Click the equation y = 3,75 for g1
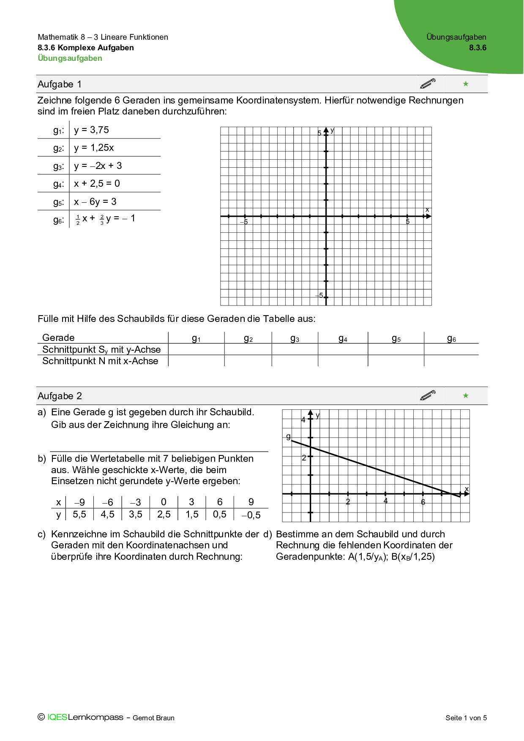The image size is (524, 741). tap(91, 130)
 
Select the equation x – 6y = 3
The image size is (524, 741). tap(95, 202)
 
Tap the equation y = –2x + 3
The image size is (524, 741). tap(98, 166)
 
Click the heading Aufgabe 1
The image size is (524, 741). tap(60, 84)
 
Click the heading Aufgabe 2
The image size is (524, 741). tap(60, 396)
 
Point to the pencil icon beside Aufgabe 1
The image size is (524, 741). tap(428, 84)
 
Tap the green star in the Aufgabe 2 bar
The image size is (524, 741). tap(466, 396)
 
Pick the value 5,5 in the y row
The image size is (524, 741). tap(79, 515)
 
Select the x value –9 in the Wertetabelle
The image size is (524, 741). tap(79, 502)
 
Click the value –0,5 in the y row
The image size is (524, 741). tap(251, 515)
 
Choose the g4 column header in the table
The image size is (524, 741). tap(343, 338)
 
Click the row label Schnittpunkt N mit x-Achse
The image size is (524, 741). tap(100, 361)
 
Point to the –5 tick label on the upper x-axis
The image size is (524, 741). tap(244, 222)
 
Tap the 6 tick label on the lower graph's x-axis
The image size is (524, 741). tap(423, 502)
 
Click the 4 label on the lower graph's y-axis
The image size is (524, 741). tap(303, 420)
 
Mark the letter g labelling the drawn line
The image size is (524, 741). tap(288, 436)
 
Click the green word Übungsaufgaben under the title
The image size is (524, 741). tap(70, 58)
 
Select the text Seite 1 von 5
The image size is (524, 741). tap(466, 718)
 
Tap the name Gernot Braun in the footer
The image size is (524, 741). tap(153, 718)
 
